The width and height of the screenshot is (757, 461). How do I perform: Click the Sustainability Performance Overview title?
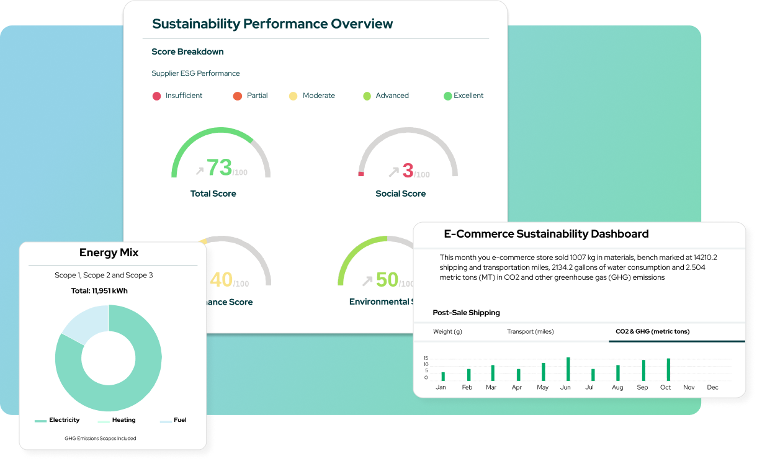pyautogui.click(x=272, y=24)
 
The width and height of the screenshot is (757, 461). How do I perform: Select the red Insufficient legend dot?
pyautogui.click(x=157, y=96)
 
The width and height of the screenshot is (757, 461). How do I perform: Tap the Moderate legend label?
pyautogui.click(x=318, y=96)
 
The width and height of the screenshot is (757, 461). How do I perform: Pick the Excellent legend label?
pyautogui.click(x=468, y=96)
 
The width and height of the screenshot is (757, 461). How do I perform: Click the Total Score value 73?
pyautogui.click(x=219, y=168)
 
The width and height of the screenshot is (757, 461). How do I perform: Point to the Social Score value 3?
pyautogui.click(x=408, y=170)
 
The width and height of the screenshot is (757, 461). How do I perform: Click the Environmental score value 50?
pyautogui.click(x=387, y=280)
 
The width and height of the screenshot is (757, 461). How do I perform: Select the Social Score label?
pyautogui.click(x=400, y=194)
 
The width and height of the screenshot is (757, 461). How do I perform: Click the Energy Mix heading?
pyautogui.click(x=109, y=253)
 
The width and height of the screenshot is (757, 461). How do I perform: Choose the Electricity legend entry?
pyautogui.click(x=64, y=420)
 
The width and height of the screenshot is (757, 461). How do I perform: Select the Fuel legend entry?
pyautogui.click(x=179, y=420)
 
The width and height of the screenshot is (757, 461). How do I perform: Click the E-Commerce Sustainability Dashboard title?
pyautogui.click(x=546, y=234)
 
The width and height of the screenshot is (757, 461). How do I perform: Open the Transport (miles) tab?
pyautogui.click(x=530, y=331)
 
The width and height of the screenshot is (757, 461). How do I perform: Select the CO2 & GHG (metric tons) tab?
pyautogui.click(x=652, y=331)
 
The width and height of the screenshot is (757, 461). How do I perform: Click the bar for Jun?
pyautogui.click(x=568, y=369)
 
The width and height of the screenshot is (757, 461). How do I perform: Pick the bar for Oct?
pyautogui.click(x=668, y=370)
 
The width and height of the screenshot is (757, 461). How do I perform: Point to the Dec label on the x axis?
pyautogui.click(x=712, y=387)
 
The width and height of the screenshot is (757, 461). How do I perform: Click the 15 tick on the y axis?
pyautogui.click(x=426, y=358)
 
